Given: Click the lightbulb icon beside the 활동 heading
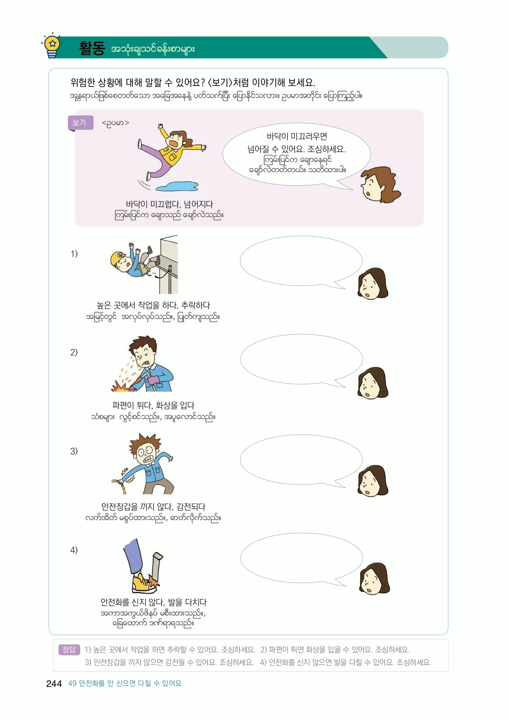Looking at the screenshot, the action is coord(52,46).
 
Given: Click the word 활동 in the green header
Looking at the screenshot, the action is coord(92,49).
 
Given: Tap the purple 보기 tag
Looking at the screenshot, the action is coord(80,123).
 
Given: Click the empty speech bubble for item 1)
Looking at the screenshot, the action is coord(301,261).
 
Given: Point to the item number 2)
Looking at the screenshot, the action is coord(74,352).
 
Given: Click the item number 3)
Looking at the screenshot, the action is coord(74,451).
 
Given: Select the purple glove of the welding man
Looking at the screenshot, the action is coord(153,380).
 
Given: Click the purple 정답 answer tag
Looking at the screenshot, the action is coord(69,650).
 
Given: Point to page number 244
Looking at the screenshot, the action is coord(54,684).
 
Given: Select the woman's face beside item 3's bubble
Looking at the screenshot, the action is coord(372,481).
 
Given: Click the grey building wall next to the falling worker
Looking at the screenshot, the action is coord(169,264).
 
